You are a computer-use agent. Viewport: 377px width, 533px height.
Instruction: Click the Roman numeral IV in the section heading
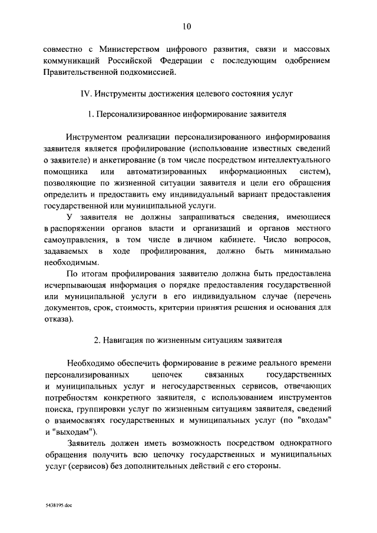pos(85,93)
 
